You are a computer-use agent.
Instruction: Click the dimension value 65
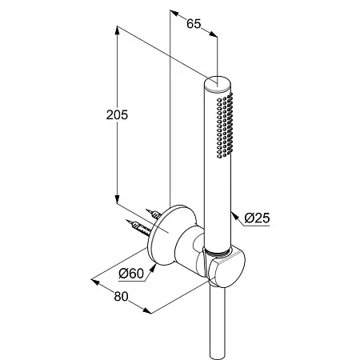coord(194,24)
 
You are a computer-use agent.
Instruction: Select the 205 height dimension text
coord(117,115)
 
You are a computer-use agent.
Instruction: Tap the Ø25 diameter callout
coord(257,218)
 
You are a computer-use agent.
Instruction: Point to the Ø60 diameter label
coord(131,274)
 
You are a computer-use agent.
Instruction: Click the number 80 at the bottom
coord(122,297)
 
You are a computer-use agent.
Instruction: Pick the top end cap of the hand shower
coord(218,84)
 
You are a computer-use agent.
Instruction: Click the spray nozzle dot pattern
coord(225,126)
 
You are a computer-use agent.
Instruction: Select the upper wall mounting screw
coord(154,214)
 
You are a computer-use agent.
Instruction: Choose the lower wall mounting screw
coord(139,227)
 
